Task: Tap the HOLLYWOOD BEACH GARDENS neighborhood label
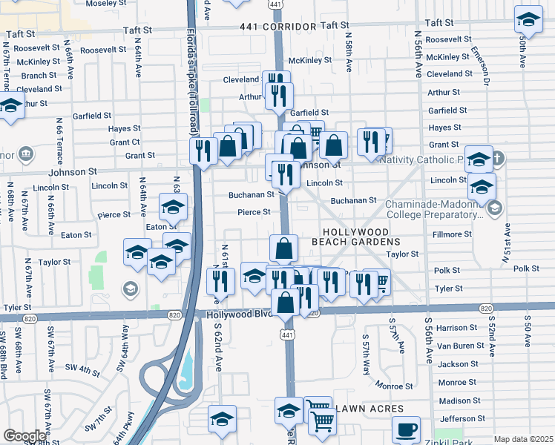click(361, 236)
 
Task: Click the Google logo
click(24, 436)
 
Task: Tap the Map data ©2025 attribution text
click(524, 439)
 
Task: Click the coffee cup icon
click(406, 429)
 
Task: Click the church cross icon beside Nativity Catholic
click(498, 158)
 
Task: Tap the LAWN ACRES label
click(370, 409)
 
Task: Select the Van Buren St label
click(458, 346)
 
